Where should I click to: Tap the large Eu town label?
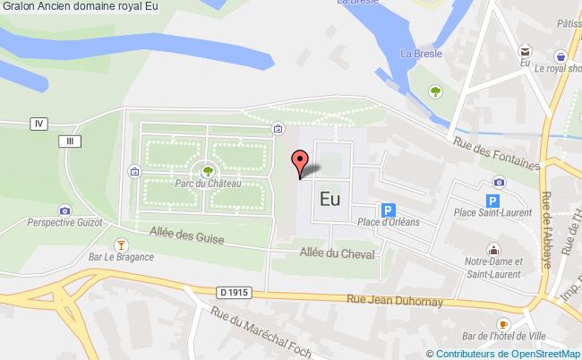click(329, 200)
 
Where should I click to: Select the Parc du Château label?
click(209, 184)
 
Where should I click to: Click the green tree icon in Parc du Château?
click(208, 169)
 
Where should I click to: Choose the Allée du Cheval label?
click(337, 253)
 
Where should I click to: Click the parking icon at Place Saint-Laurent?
click(492, 202)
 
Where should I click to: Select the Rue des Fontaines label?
click(498, 150)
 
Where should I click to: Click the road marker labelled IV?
click(38, 123)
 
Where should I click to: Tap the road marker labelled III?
click(68, 141)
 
